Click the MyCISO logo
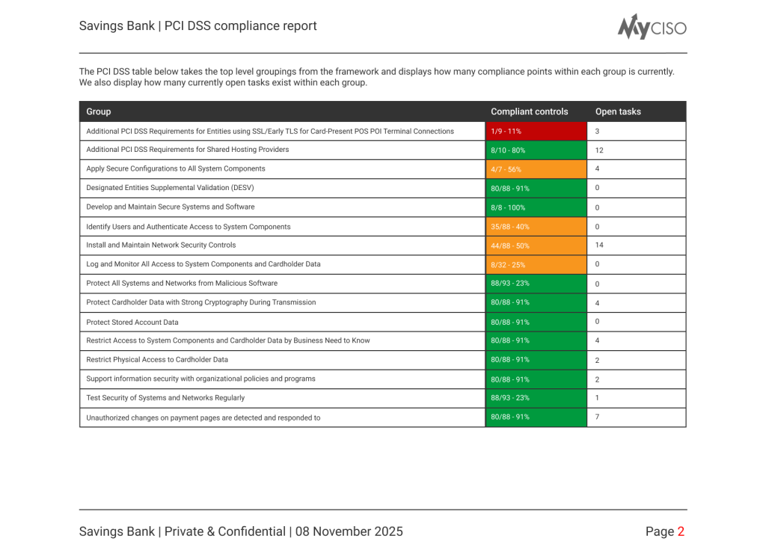652,27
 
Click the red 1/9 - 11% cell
536,131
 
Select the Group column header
99,111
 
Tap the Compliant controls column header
529,111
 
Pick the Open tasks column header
618,111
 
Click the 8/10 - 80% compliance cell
536,150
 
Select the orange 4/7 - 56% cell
536,169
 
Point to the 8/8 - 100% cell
536,207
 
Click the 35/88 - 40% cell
536,227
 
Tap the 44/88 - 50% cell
536,245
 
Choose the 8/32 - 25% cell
536,264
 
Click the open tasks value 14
599,245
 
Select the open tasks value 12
599,150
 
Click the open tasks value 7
597,416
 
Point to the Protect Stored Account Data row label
132,322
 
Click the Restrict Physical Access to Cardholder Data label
157,359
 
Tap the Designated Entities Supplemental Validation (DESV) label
175,188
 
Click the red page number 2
681,531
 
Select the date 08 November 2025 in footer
349,531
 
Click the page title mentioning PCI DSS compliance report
198,25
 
